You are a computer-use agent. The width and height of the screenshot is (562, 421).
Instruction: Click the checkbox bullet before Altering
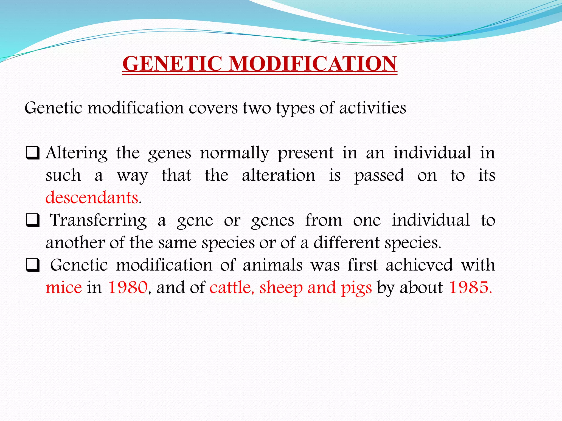tap(33, 153)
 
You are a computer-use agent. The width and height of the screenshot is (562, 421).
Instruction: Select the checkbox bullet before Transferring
tap(33, 221)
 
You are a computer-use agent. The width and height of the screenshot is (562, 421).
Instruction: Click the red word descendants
tap(92, 198)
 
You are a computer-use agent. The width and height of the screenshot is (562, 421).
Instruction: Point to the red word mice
tap(64, 288)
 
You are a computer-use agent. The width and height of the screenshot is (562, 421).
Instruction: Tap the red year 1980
tap(128, 288)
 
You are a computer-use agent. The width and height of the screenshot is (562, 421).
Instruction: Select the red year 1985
tap(470, 288)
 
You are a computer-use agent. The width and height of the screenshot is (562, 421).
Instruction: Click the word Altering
tap(77, 153)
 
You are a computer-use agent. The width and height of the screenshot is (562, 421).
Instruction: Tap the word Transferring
tap(98, 221)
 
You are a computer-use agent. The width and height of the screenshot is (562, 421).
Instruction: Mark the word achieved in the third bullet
tap(419, 265)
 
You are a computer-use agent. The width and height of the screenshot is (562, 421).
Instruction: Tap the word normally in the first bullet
tap(234, 153)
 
